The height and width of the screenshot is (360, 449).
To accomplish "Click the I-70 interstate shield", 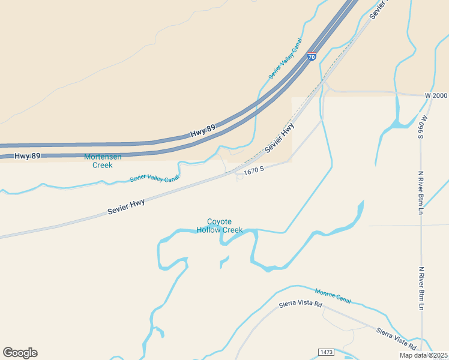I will click(311, 58).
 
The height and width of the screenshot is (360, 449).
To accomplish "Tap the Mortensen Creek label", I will click(103, 161).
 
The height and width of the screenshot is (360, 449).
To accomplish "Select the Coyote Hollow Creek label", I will click(219, 226).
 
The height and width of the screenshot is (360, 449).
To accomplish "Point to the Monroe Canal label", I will click(333, 295).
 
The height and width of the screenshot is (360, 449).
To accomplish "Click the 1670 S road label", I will click(254, 171).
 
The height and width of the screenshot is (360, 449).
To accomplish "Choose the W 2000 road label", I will click(436, 96).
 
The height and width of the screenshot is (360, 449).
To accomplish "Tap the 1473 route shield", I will click(326, 350).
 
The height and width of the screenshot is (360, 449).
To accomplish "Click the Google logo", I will click(20, 353).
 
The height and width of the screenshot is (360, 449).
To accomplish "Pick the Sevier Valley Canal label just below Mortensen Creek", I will click(154, 178).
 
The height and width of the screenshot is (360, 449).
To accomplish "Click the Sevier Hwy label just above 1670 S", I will click(280, 137).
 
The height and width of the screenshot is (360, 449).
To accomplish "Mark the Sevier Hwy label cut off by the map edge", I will click(379, 9).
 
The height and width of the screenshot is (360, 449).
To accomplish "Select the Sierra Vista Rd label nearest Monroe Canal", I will click(301, 305).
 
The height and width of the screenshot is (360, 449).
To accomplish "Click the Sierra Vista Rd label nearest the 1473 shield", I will click(396, 338).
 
